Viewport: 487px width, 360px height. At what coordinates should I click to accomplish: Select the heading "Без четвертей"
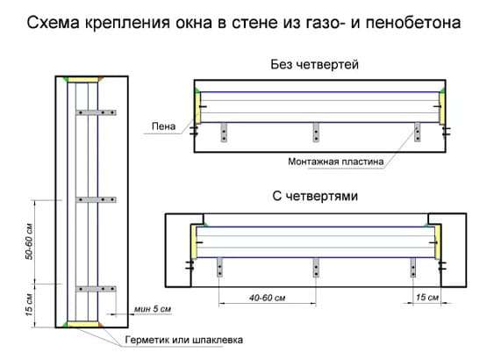pos(316,65)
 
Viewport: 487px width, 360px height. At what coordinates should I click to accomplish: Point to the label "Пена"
pos(162,128)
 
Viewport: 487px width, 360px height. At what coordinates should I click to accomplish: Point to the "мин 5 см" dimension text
pos(155,309)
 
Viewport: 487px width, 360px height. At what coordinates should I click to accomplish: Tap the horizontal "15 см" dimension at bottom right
pos(426,299)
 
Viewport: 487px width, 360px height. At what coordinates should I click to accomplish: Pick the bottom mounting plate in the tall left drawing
pos(96,288)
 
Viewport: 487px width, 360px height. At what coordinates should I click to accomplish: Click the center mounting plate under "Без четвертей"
pos(316,131)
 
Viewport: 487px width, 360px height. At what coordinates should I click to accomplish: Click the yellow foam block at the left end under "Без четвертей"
pos(199,109)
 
